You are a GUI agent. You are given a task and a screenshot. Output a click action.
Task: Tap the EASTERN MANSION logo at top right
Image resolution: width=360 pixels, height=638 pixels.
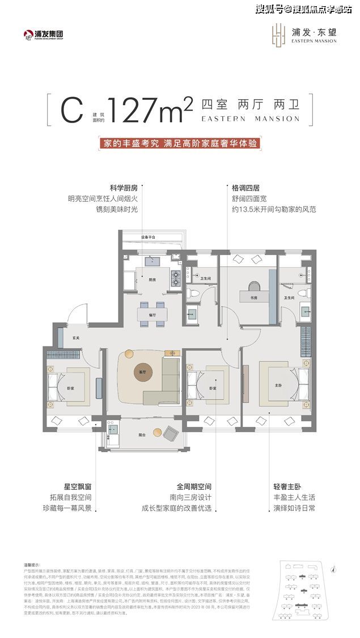(306, 33)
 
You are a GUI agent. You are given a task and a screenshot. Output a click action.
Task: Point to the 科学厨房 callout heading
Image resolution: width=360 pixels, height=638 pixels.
(124, 187)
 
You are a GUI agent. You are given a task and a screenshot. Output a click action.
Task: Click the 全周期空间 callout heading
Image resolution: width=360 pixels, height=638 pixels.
(194, 487)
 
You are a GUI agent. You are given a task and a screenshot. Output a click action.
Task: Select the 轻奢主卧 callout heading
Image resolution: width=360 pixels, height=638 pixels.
(285, 487)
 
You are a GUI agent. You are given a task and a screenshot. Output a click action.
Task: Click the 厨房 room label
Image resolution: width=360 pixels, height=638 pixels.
(153, 280)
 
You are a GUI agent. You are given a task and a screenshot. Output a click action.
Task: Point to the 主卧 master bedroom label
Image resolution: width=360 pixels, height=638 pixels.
(278, 386)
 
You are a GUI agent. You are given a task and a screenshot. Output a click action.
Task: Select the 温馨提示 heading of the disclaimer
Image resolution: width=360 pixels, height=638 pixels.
(32, 564)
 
